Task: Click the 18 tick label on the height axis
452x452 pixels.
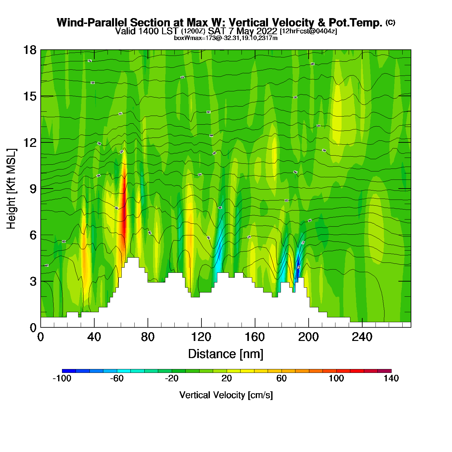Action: [x=29, y=50]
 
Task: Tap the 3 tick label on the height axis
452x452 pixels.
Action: [x=33, y=282]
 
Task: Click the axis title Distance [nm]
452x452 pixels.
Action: [x=226, y=354]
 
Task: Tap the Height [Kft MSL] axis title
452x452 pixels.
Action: [x=12, y=189]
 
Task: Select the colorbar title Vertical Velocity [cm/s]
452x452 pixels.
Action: [x=226, y=395]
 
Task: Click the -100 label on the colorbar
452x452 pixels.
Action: [x=62, y=378]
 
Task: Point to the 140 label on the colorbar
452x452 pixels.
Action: [x=391, y=378]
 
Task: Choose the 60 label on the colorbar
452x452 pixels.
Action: [x=282, y=378]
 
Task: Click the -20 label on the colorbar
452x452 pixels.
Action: [x=171, y=378]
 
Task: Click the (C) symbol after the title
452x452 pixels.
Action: [x=390, y=22]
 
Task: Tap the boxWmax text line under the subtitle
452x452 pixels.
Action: [x=226, y=38]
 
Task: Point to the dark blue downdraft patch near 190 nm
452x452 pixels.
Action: [x=298, y=265]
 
